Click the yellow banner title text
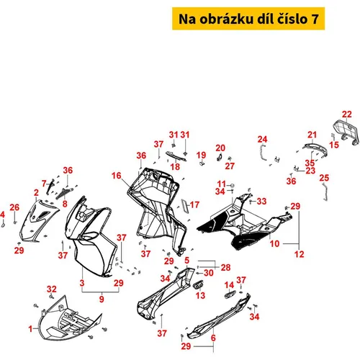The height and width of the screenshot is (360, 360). click(x=248, y=19)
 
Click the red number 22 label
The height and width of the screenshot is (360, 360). click(x=347, y=114)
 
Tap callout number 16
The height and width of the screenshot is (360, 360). click(x=117, y=176)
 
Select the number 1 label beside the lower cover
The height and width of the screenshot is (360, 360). click(x=30, y=329)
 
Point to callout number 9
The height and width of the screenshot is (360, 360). click(x=102, y=299)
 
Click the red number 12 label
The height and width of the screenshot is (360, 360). click(x=300, y=254)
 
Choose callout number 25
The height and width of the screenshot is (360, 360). click(x=324, y=178)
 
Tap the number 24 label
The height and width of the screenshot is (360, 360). click(x=262, y=139)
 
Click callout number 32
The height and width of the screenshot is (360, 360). click(x=52, y=289)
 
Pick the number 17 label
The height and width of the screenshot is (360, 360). click(x=194, y=204)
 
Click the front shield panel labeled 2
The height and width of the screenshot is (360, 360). click(x=38, y=221)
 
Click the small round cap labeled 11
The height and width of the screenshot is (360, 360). click(x=232, y=186)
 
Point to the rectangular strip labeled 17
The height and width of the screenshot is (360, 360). click(x=185, y=206)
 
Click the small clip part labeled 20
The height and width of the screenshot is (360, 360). click(x=220, y=158)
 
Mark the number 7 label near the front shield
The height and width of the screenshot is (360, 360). click(x=44, y=184)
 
